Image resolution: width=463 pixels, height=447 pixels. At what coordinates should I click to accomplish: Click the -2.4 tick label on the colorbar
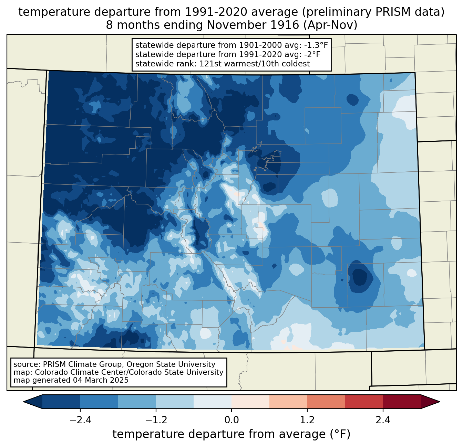[x=80, y=420]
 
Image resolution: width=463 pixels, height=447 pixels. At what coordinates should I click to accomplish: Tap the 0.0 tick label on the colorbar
[x=231, y=420]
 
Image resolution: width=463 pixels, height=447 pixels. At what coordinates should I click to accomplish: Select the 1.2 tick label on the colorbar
[x=307, y=420]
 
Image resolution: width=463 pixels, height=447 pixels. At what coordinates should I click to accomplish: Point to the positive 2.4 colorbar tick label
[x=383, y=420]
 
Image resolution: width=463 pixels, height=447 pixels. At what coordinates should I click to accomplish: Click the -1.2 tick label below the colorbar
[x=156, y=420]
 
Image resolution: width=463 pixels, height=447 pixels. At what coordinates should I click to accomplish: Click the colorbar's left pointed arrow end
[x=24, y=402]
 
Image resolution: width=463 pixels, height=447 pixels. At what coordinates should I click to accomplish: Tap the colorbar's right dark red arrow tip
[x=439, y=402]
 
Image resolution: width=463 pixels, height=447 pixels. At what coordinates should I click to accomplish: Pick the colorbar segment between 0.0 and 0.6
[x=250, y=402]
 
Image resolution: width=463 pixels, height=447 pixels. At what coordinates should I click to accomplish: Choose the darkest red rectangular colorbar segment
[x=402, y=402]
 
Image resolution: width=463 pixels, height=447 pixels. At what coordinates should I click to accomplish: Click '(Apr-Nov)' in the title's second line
[x=330, y=25]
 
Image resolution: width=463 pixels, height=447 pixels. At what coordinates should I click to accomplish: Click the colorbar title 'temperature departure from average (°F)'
[x=231, y=434]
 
